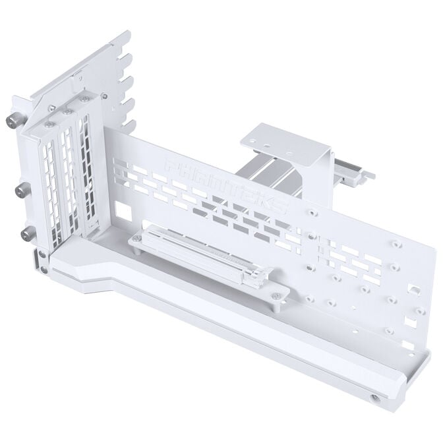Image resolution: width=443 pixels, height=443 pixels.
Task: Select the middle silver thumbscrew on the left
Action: (x=20, y=191)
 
